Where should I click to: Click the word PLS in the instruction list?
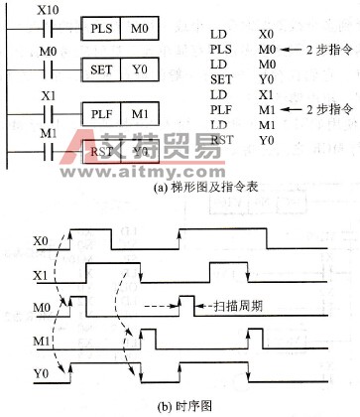coord(222,50)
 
